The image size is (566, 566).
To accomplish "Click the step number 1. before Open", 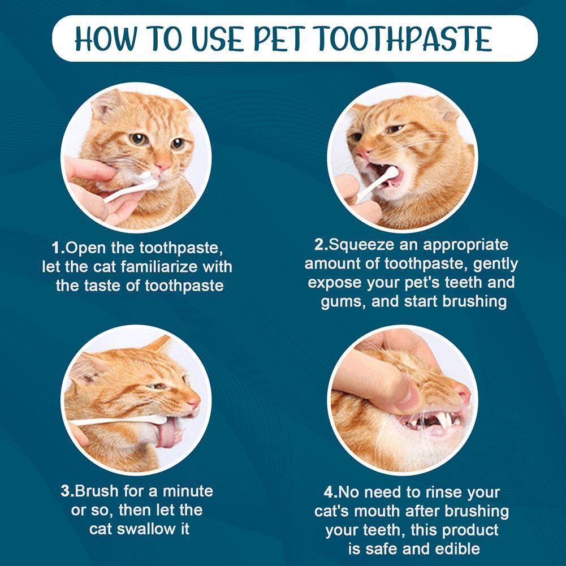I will coord(58,248).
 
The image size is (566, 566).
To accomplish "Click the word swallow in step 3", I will coord(149,529).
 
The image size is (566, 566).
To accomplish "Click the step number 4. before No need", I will coord(328,492).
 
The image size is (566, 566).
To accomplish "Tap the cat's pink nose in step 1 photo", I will coord(163,166).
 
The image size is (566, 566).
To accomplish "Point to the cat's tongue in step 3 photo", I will coord(168,434).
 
